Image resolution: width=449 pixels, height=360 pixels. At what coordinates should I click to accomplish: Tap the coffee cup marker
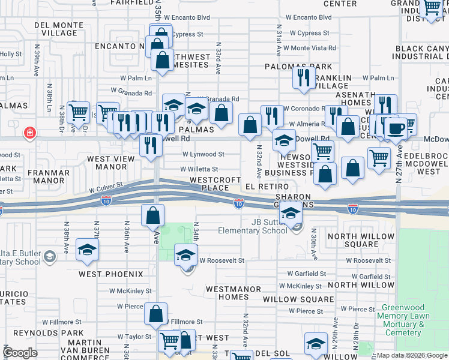pos(395,128)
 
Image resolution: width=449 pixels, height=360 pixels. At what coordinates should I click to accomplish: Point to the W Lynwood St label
pos(201,154)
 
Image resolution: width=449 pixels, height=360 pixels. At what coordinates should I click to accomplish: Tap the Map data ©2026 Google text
pos(411,355)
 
